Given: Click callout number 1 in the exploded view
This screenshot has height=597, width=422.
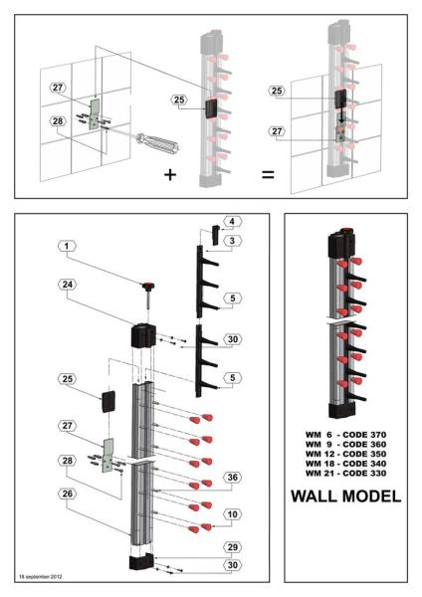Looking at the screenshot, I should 67,245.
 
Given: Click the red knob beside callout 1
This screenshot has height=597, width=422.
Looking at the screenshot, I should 149,286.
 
